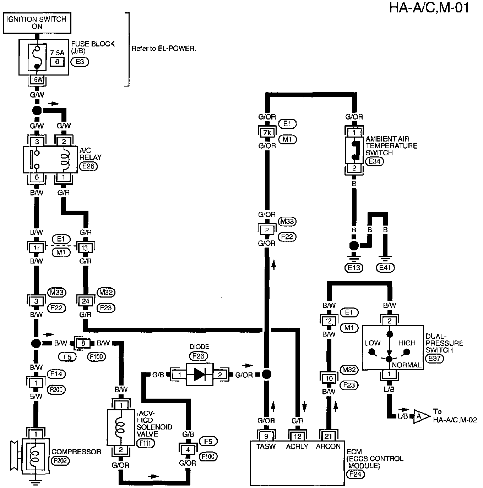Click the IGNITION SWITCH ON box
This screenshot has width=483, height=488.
[x=37, y=22]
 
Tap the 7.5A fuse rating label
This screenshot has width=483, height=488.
[x=57, y=52]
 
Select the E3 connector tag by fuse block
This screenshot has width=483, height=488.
[x=80, y=62]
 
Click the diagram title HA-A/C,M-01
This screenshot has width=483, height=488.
[x=429, y=8]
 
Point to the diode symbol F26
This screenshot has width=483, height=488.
[x=200, y=375]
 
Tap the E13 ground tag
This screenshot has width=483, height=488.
[x=354, y=267]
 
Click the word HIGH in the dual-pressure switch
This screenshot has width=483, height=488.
[x=407, y=343]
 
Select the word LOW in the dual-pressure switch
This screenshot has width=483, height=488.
[x=373, y=343]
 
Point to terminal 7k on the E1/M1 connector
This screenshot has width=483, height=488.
[x=267, y=132]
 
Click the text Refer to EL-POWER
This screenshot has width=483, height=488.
[x=164, y=48]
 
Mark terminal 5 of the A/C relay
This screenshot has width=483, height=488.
[x=37, y=177]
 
